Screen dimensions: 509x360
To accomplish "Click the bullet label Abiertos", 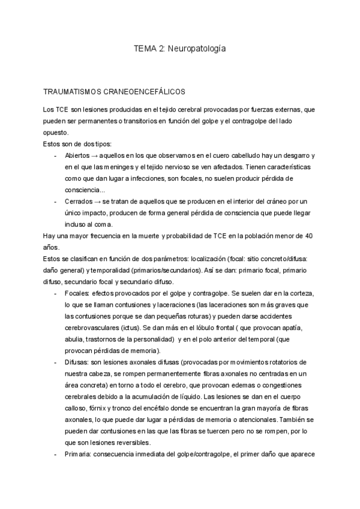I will click(77, 155).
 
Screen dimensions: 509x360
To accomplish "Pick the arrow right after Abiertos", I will click(96, 155).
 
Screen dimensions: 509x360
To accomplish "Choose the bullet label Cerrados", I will click(79, 201).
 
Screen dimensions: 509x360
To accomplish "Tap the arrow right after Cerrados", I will click(98, 201).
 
